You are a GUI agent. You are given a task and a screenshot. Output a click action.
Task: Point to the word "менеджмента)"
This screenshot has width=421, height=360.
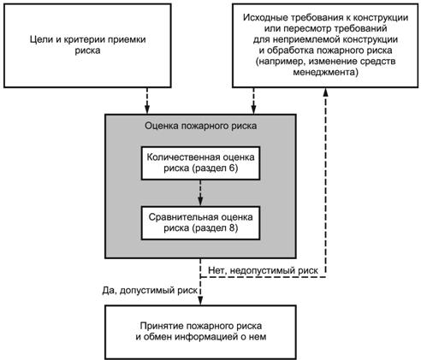325,72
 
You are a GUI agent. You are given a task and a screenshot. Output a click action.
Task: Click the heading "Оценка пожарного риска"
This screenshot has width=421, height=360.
201,126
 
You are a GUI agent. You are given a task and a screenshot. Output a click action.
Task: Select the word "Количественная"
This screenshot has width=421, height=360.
183,157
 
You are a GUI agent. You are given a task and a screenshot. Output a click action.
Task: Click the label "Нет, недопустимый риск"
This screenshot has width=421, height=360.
263,270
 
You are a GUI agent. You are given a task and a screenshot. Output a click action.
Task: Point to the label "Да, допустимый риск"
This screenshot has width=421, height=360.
150,290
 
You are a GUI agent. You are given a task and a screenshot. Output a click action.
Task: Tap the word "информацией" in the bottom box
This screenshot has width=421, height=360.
206,337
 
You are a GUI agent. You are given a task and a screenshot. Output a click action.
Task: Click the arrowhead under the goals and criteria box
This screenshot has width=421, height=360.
147,110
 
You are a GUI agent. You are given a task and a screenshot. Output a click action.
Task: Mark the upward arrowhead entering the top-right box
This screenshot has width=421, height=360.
325,91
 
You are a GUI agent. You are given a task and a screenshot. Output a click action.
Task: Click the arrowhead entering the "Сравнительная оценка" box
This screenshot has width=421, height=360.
200,202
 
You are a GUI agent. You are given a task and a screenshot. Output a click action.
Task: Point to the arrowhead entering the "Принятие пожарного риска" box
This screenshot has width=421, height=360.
200,301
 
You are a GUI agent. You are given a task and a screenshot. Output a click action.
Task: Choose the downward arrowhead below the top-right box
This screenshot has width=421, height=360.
253,110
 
